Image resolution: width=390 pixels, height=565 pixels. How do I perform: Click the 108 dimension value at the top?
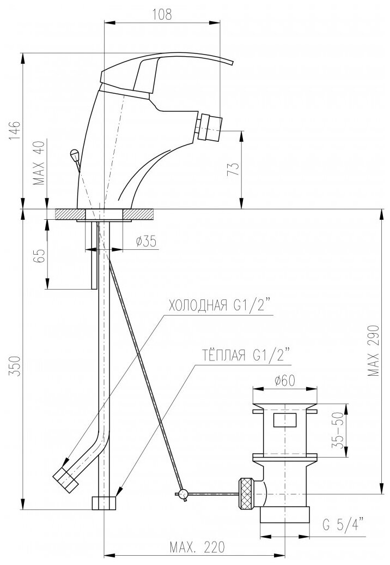pyautogui.click(x=162, y=14)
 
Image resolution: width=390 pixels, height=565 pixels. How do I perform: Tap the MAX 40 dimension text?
pyautogui.click(x=40, y=163)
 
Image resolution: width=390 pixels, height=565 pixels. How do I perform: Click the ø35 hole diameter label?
pyautogui.click(x=146, y=242)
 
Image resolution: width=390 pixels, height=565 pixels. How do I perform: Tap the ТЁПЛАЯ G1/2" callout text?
pyautogui.click(x=244, y=355)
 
